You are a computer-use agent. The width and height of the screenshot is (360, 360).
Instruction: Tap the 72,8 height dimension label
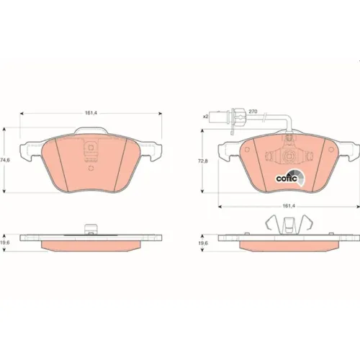coord(203,161)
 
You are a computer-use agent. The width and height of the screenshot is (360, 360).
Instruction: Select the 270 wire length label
coord(253,112)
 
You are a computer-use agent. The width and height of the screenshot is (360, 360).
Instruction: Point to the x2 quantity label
coord(205,117)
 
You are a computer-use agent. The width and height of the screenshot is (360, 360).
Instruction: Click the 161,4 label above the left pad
coord(91,113)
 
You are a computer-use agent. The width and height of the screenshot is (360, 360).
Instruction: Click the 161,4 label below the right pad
coord(289,206)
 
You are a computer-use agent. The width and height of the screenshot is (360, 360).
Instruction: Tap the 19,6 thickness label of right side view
coord(203,243)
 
